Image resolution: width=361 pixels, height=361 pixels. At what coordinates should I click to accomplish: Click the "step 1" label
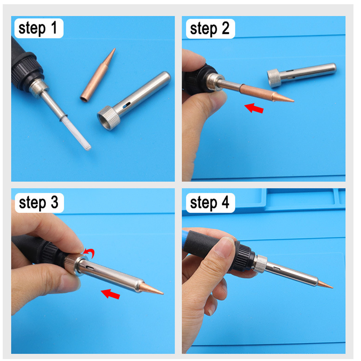(x=38, y=29)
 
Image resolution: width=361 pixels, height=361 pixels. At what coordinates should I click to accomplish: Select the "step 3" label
(x=38, y=203)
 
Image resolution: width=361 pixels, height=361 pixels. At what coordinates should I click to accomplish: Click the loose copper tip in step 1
(x=98, y=75)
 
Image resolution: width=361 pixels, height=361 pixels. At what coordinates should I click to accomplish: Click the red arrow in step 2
(x=254, y=108)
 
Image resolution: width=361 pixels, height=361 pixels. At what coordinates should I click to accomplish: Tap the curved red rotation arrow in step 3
(x=88, y=253)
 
